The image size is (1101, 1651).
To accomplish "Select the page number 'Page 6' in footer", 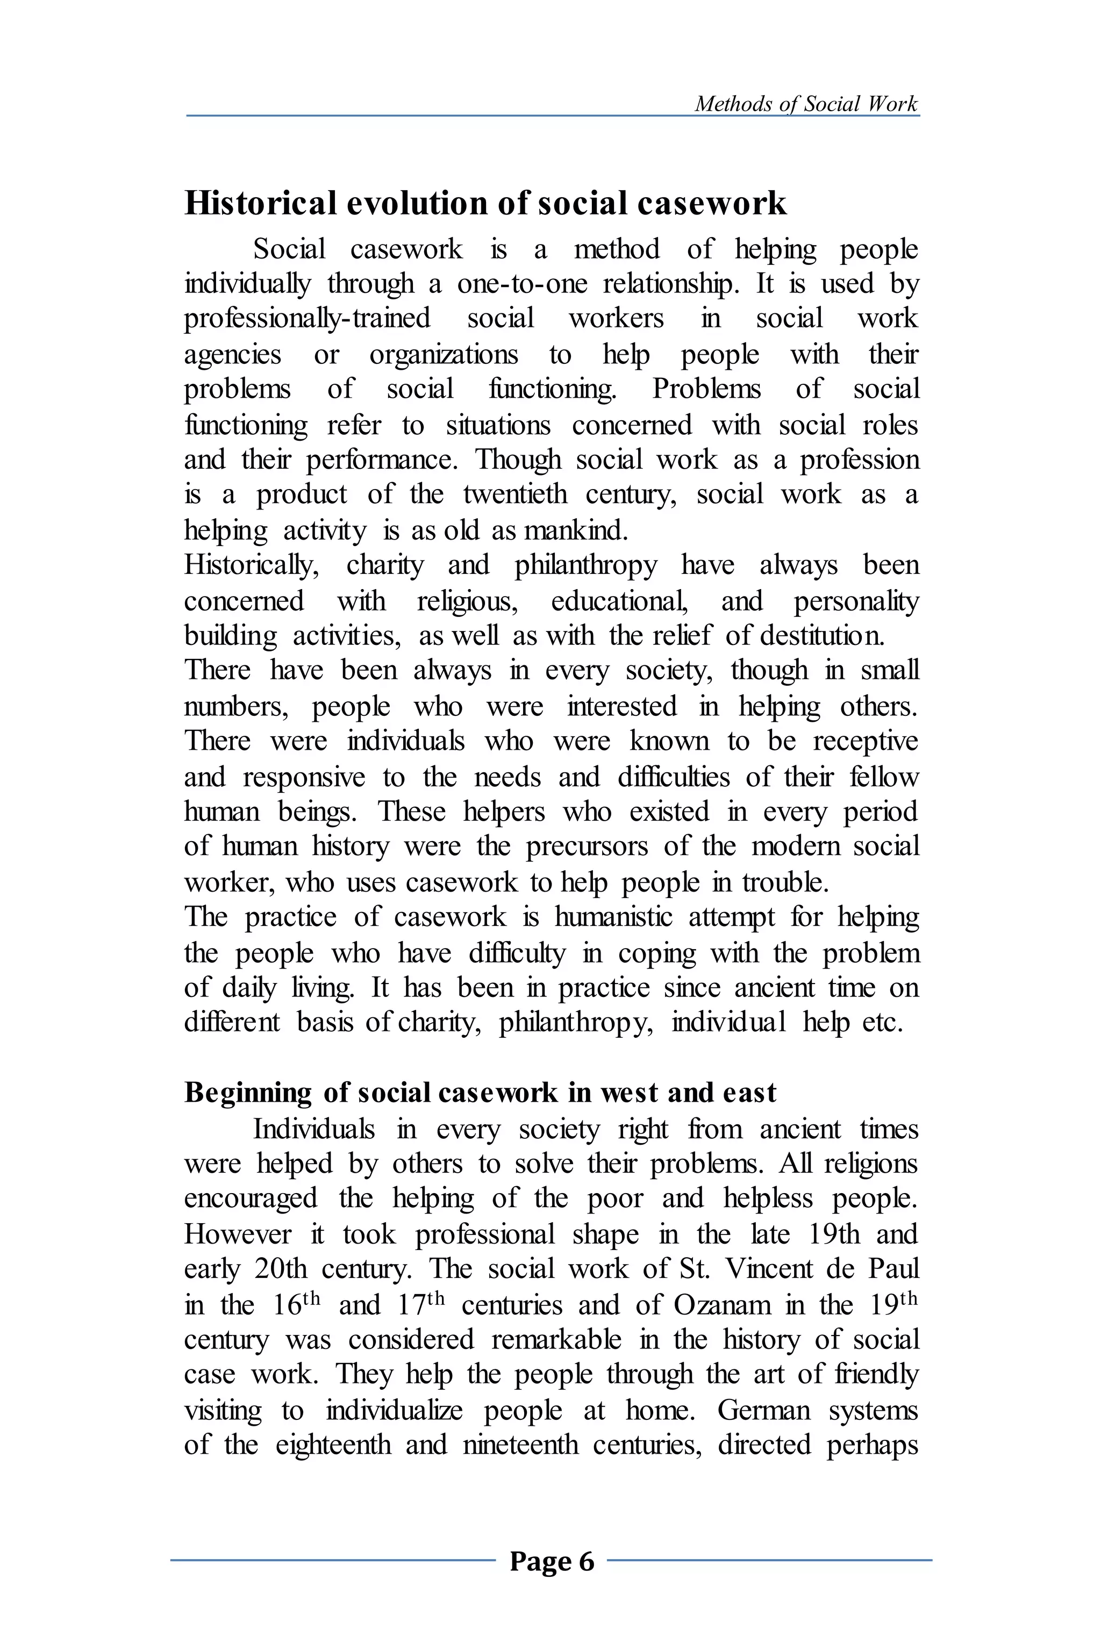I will pyautogui.click(x=552, y=1561).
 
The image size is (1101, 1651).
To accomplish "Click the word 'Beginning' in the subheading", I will pyautogui.click(x=247, y=1093).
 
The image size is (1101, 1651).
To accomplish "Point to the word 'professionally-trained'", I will pyautogui.click(x=307, y=319).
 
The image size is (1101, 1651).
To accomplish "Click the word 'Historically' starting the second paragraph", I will pyautogui.click(x=251, y=566).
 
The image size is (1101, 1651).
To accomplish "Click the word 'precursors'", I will pyautogui.click(x=587, y=846).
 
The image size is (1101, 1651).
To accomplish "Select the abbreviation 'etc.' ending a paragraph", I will pyautogui.click(x=882, y=1023).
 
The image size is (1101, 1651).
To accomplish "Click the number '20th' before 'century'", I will pyautogui.click(x=281, y=1269).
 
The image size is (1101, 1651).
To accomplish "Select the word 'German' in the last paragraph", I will pyautogui.click(x=764, y=1410).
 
